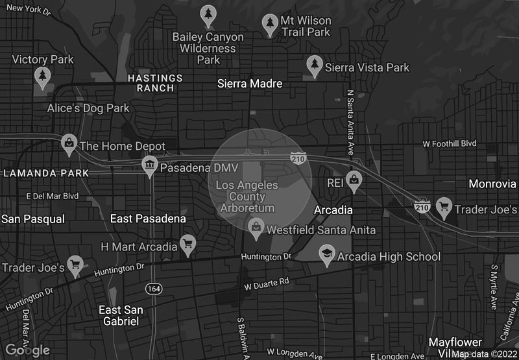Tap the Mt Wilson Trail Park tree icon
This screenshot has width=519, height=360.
(x=271, y=24)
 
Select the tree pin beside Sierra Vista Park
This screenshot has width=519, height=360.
(x=315, y=65)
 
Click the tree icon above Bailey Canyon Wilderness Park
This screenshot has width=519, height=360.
(x=208, y=14)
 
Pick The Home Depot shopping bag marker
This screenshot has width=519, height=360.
(x=68, y=143)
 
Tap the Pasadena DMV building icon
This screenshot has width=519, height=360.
(x=150, y=165)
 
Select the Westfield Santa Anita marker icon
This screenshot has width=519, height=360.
(x=256, y=226)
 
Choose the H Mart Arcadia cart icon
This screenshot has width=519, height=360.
(x=187, y=245)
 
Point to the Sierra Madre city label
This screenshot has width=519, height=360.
(x=250, y=83)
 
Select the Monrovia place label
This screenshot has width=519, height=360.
(x=492, y=184)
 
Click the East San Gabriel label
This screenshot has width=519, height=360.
(x=121, y=315)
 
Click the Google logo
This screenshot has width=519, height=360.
(x=27, y=350)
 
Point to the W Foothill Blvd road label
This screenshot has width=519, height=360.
(x=450, y=143)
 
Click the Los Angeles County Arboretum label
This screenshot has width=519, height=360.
(x=247, y=197)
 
